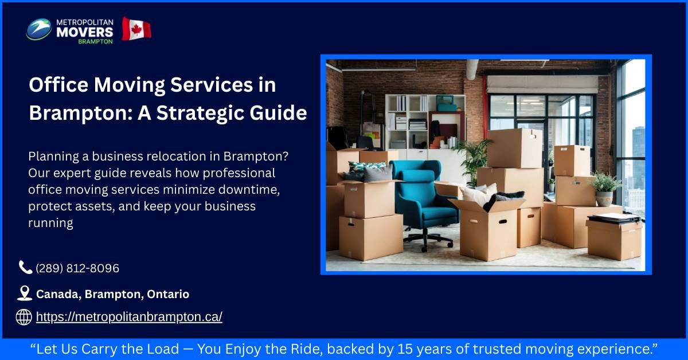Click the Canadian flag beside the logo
click(136, 29)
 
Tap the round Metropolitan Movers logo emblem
click(39, 29)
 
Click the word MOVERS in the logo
click(85, 32)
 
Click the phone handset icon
click(25, 267)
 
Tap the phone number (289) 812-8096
click(77, 268)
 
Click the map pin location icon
click(24, 294)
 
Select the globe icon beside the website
click(24, 316)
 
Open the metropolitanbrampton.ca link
click(129, 316)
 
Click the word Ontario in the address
click(168, 294)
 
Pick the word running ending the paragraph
click(50, 223)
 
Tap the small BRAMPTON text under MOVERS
click(95, 41)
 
